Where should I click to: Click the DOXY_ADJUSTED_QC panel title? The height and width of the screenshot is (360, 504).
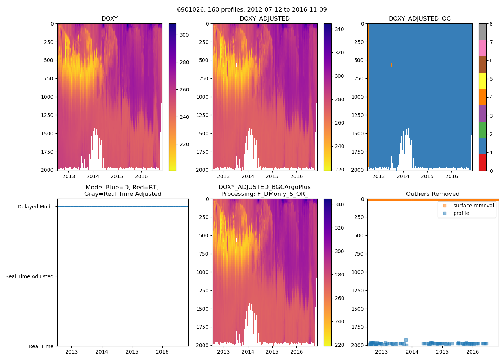point(419,19)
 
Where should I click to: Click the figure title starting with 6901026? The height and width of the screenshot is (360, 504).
point(252,10)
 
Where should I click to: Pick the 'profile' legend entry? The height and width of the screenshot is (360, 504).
point(461,213)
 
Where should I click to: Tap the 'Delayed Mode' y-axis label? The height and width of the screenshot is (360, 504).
point(35,207)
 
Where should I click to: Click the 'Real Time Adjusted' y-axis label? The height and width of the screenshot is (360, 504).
point(30,276)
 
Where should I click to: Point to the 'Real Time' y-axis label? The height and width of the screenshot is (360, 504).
point(41,346)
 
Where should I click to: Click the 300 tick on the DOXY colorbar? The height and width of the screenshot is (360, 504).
point(184,35)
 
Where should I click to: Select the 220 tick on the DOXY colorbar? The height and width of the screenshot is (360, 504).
point(184,144)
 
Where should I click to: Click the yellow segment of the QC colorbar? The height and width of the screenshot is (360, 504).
point(482,81)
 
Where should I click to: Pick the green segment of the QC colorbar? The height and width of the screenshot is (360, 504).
point(482,130)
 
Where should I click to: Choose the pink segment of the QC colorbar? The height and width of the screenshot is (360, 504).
point(482,48)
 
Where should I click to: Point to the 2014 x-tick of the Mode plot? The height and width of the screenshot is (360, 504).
point(102,352)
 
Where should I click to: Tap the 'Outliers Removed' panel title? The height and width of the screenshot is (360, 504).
point(433,194)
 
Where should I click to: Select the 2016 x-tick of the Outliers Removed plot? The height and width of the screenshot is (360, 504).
point(473,352)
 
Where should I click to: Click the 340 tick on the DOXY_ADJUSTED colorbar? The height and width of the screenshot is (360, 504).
point(339,29)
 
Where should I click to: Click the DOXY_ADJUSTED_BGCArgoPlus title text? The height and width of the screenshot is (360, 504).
point(265,187)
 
